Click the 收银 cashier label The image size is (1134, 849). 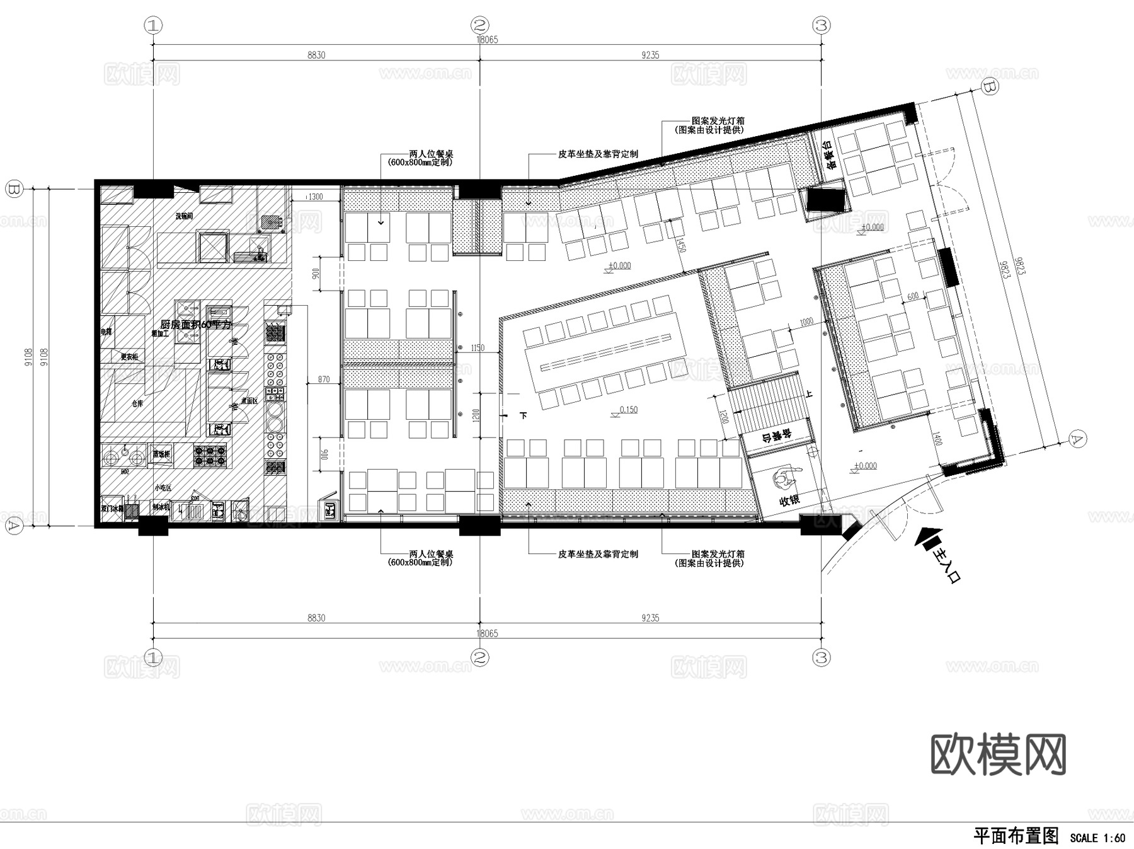click(x=789, y=500)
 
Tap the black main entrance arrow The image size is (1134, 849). click(x=925, y=541)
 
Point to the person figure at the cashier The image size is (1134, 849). click(x=784, y=479)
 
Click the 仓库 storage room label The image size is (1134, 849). click(x=137, y=403)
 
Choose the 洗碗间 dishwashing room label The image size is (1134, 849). click(x=184, y=216)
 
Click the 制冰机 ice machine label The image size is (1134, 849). click(x=160, y=506)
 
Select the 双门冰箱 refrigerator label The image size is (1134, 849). click(x=112, y=508)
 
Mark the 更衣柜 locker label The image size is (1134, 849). click(x=129, y=357)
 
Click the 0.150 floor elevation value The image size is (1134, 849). click(x=628, y=410)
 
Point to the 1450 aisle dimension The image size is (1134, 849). click(x=680, y=243)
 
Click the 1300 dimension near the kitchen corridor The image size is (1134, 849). click(x=314, y=197)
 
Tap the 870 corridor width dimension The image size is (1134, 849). click(x=323, y=379)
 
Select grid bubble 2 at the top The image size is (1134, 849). click(x=480, y=26)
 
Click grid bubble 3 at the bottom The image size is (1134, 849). click(x=822, y=658)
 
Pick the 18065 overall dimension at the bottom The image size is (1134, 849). click(x=487, y=633)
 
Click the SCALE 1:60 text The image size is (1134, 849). click(x=1097, y=838)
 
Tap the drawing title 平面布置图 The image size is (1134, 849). click(x=1016, y=836)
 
